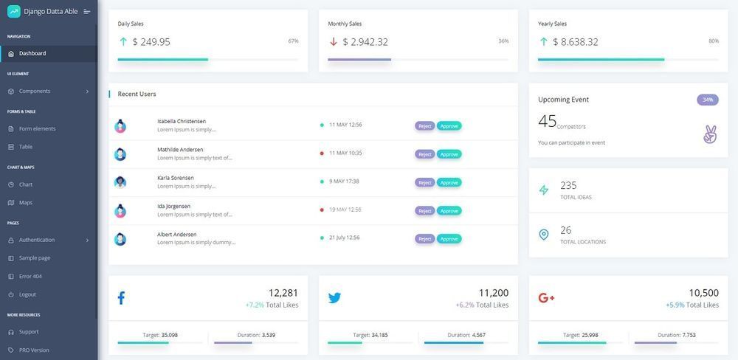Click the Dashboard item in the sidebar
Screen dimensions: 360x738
(x=32, y=53)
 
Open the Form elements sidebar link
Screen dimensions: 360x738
(x=37, y=128)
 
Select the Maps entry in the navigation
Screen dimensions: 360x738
(x=26, y=202)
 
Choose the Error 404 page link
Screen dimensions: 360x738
(x=30, y=276)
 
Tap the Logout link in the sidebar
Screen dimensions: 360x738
(x=27, y=294)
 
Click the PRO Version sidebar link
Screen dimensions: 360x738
(x=34, y=350)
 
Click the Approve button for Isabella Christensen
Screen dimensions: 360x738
(x=449, y=126)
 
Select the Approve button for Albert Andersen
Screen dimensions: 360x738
(x=449, y=238)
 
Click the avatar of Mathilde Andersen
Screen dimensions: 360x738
(x=120, y=154)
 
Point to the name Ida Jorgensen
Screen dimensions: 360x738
(x=173, y=206)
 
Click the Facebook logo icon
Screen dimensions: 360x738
(x=121, y=298)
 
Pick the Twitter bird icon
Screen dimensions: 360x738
(x=334, y=298)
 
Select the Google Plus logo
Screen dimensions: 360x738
(x=546, y=298)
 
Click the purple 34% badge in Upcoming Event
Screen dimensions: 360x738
(x=707, y=100)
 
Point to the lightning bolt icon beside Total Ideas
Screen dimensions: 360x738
(x=544, y=190)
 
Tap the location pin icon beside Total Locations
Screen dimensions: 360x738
(x=544, y=235)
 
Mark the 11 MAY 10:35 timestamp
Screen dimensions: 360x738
(x=345, y=153)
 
